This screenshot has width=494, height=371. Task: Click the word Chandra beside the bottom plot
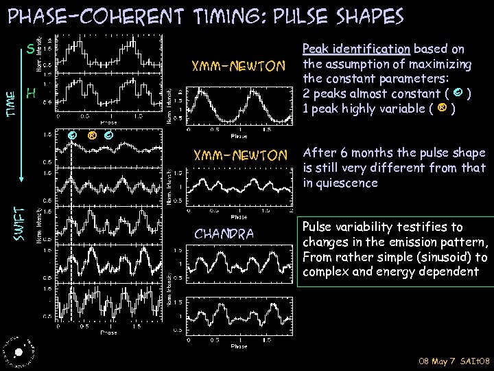tap(224, 234)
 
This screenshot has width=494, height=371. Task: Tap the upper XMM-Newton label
tap(239, 67)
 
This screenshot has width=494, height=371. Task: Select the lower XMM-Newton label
tap(239, 156)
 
